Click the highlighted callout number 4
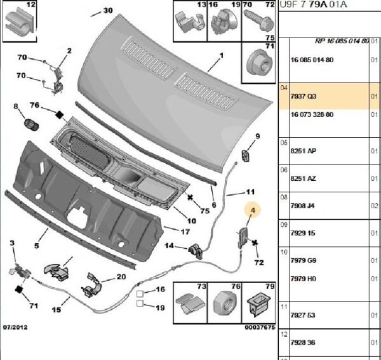click(253, 210)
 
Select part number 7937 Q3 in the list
click(303, 97)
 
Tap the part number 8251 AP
click(303, 151)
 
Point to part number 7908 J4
click(303, 206)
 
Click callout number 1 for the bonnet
click(222, 55)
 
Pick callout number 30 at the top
click(107, 11)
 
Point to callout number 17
click(185, 232)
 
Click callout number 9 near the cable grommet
click(258, 137)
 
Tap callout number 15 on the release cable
click(56, 310)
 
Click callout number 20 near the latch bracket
click(121, 277)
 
